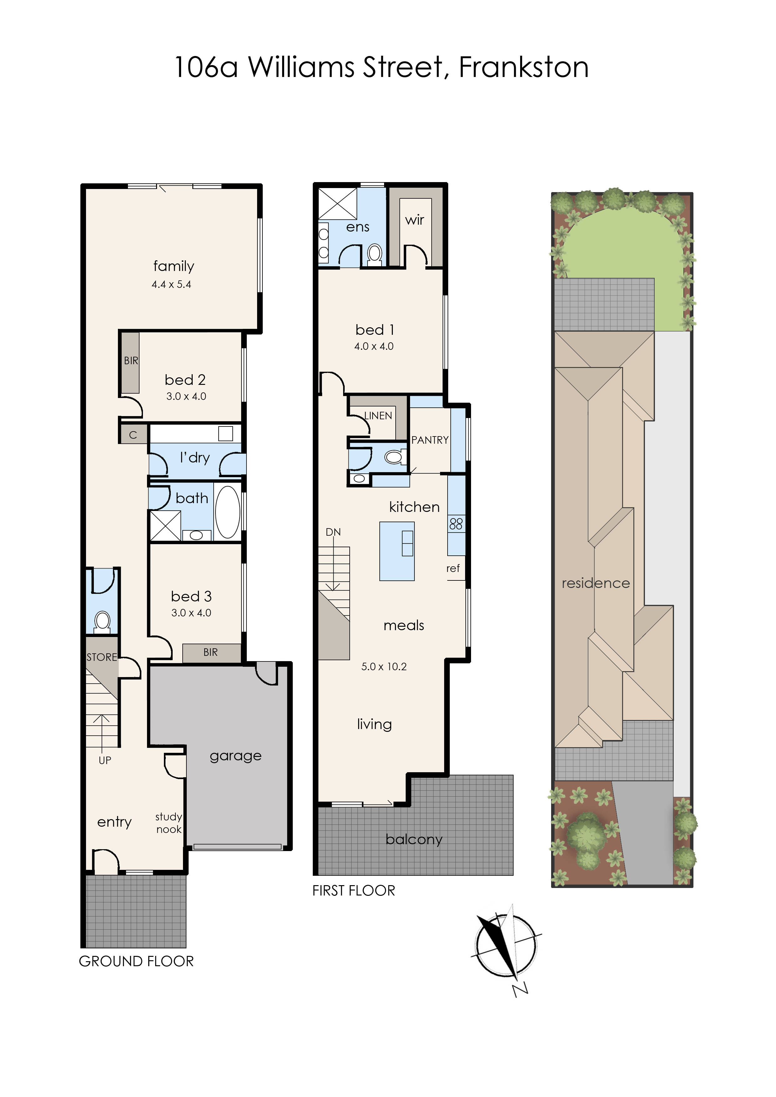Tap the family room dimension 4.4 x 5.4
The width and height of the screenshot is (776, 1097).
click(171, 284)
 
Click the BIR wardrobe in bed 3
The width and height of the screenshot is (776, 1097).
click(211, 652)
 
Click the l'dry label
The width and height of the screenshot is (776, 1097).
click(195, 458)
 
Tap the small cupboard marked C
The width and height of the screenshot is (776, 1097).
click(133, 435)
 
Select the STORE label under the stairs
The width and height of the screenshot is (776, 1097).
click(101, 657)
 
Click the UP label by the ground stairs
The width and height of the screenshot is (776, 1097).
click(105, 760)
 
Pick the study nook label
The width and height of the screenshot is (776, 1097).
click(169, 823)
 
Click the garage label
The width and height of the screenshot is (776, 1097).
click(236, 756)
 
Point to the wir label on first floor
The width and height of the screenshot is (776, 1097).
click(414, 220)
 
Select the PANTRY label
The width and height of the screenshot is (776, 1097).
click(429, 440)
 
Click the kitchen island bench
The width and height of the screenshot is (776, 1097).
click(397, 551)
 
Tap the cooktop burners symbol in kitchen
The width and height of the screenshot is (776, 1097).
click(456, 524)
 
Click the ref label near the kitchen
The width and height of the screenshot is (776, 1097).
click(453, 568)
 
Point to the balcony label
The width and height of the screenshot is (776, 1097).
click(414, 839)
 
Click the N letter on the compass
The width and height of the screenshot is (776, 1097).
click(520, 989)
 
